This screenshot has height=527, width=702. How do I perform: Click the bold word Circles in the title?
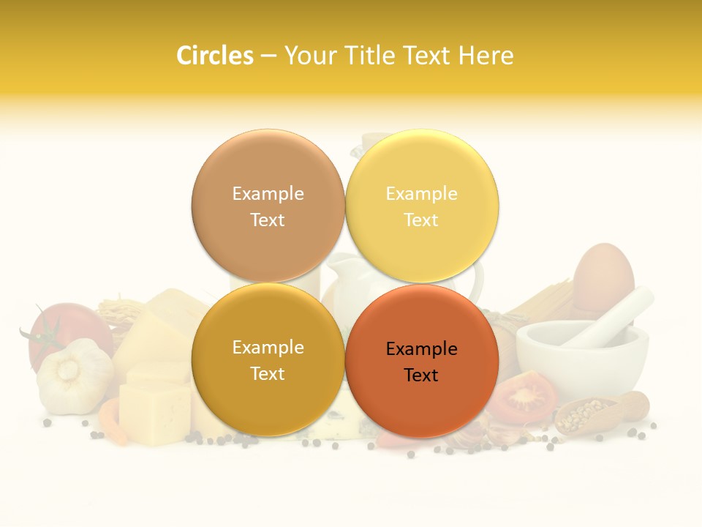pos(214,56)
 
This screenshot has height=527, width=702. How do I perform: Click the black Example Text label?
pos(421,362)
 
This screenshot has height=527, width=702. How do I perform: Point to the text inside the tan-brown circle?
pos(268,206)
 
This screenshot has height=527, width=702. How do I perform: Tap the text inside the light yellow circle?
pos(421,206)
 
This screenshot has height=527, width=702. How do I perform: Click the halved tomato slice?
pos(524,399)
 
